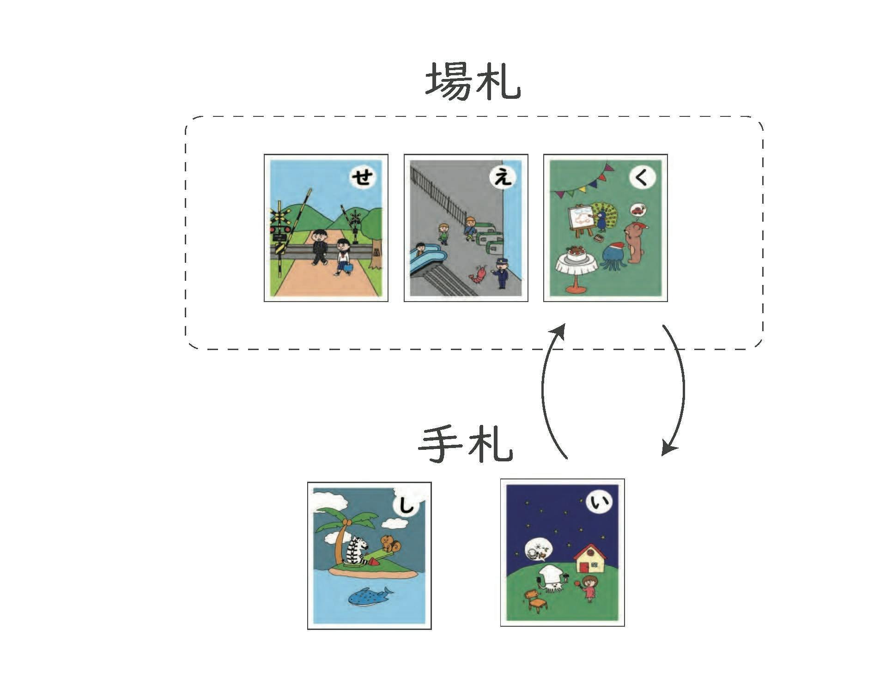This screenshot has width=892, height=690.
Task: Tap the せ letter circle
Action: click(362, 177)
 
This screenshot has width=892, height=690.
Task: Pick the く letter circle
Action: click(642, 177)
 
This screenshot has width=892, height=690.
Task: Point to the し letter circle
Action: click(406, 507)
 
